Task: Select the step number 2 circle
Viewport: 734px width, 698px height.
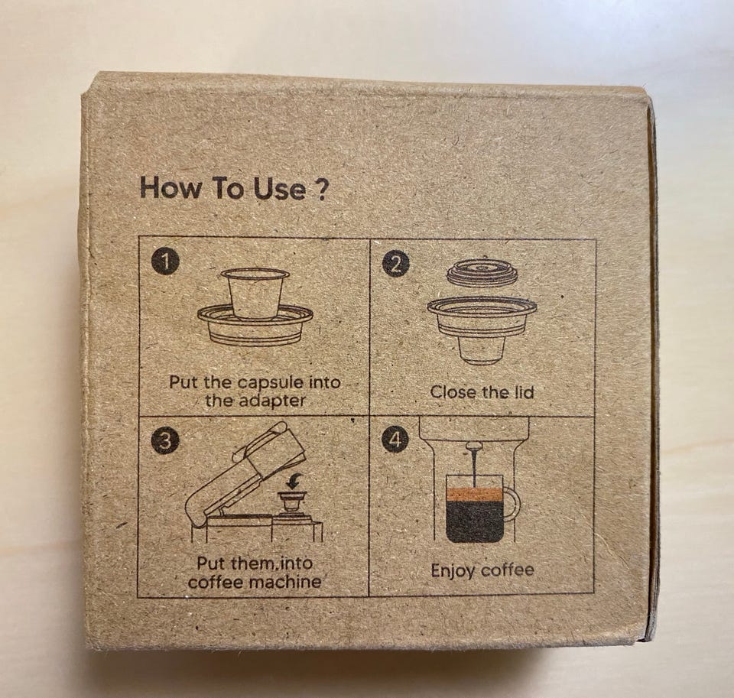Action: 395,265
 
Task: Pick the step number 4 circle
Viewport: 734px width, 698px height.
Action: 395,440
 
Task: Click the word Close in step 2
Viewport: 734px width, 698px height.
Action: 451,392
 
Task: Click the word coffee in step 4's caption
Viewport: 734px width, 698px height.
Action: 508,570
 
